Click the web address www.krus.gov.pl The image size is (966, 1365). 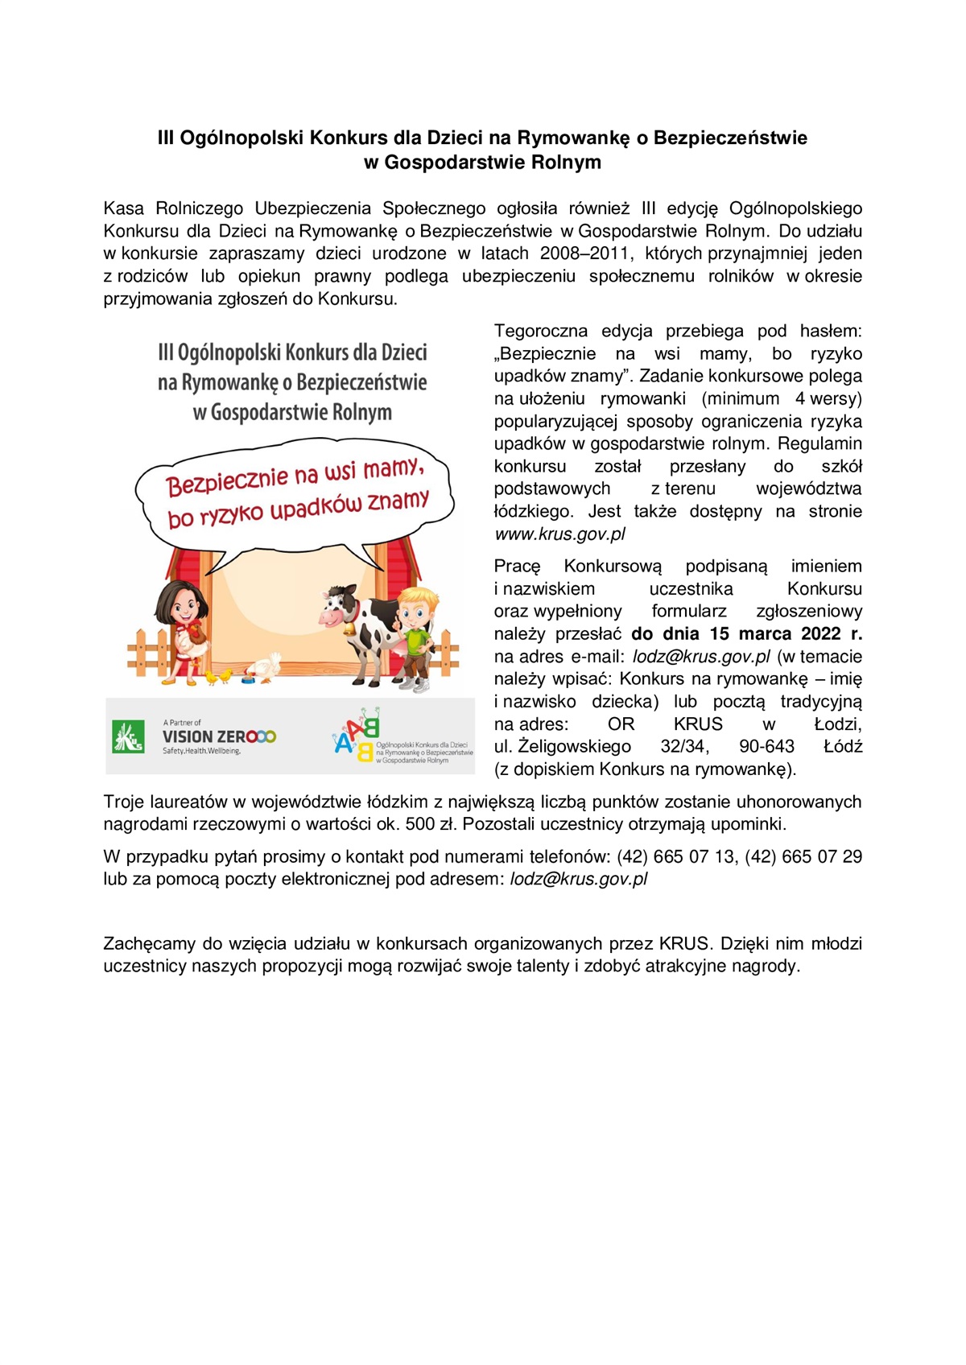559,534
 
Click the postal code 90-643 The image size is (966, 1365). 766,747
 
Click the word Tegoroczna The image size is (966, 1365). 540,331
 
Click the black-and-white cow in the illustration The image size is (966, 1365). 362,628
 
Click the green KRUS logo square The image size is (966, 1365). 128,736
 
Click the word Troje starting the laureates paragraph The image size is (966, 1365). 126,802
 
